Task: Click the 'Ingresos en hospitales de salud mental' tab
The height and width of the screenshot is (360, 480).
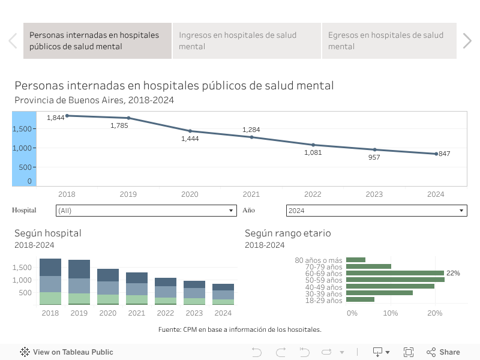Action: (x=247, y=41)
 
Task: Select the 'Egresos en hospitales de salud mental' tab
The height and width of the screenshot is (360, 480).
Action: (x=389, y=41)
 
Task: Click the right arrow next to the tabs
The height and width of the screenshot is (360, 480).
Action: (x=467, y=41)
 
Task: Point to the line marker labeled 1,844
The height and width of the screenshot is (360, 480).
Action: (x=67, y=115)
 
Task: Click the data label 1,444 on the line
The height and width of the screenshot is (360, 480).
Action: (x=190, y=139)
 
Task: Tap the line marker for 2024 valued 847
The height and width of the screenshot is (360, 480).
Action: (x=436, y=154)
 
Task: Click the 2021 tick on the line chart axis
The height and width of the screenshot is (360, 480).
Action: (x=251, y=194)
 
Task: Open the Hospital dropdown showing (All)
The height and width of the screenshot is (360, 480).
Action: (x=146, y=211)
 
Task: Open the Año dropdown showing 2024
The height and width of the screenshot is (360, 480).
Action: (x=376, y=211)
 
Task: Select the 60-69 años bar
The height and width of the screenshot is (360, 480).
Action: (x=395, y=273)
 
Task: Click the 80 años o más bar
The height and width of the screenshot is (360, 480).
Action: (x=356, y=260)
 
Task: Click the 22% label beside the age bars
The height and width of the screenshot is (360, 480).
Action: (x=453, y=273)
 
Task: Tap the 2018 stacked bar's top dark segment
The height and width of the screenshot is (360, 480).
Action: (x=50, y=267)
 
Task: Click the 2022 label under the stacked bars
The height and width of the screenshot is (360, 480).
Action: (x=166, y=313)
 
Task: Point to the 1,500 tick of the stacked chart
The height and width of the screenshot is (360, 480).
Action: (x=23, y=267)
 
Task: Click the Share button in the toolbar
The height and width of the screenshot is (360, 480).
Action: (x=443, y=352)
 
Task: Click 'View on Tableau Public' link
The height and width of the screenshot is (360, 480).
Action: (x=67, y=352)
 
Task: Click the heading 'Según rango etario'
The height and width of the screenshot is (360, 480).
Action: (x=287, y=233)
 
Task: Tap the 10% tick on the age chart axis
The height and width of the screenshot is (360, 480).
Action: (x=391, y=313)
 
